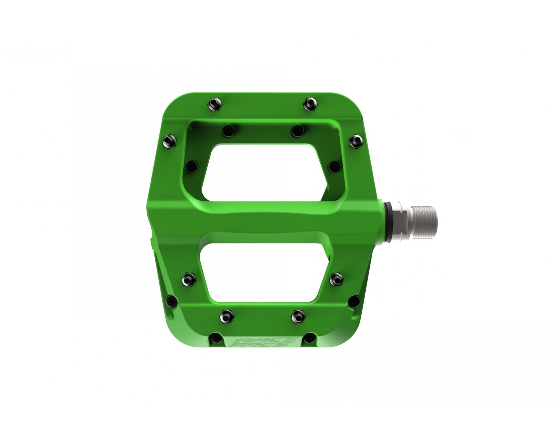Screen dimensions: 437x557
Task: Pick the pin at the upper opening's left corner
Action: point(191,165)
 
